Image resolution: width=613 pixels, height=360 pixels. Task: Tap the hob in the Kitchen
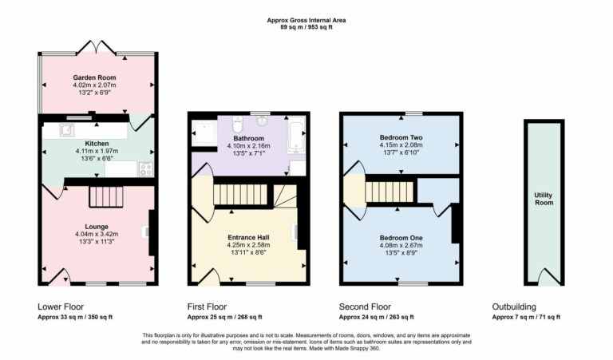coord(146,168)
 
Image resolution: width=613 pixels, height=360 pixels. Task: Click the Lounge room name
coord(97,227)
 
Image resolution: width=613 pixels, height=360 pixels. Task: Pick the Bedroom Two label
coord(401,137)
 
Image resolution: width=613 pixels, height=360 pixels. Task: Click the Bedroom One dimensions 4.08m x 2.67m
coord(401,245)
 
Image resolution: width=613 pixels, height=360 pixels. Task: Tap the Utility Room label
coord(544,199)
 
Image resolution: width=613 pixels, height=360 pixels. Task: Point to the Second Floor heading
coord(365,307)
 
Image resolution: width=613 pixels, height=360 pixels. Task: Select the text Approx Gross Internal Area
coord(306,20)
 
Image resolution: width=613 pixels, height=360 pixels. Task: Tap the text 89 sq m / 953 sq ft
coord(306,27)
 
